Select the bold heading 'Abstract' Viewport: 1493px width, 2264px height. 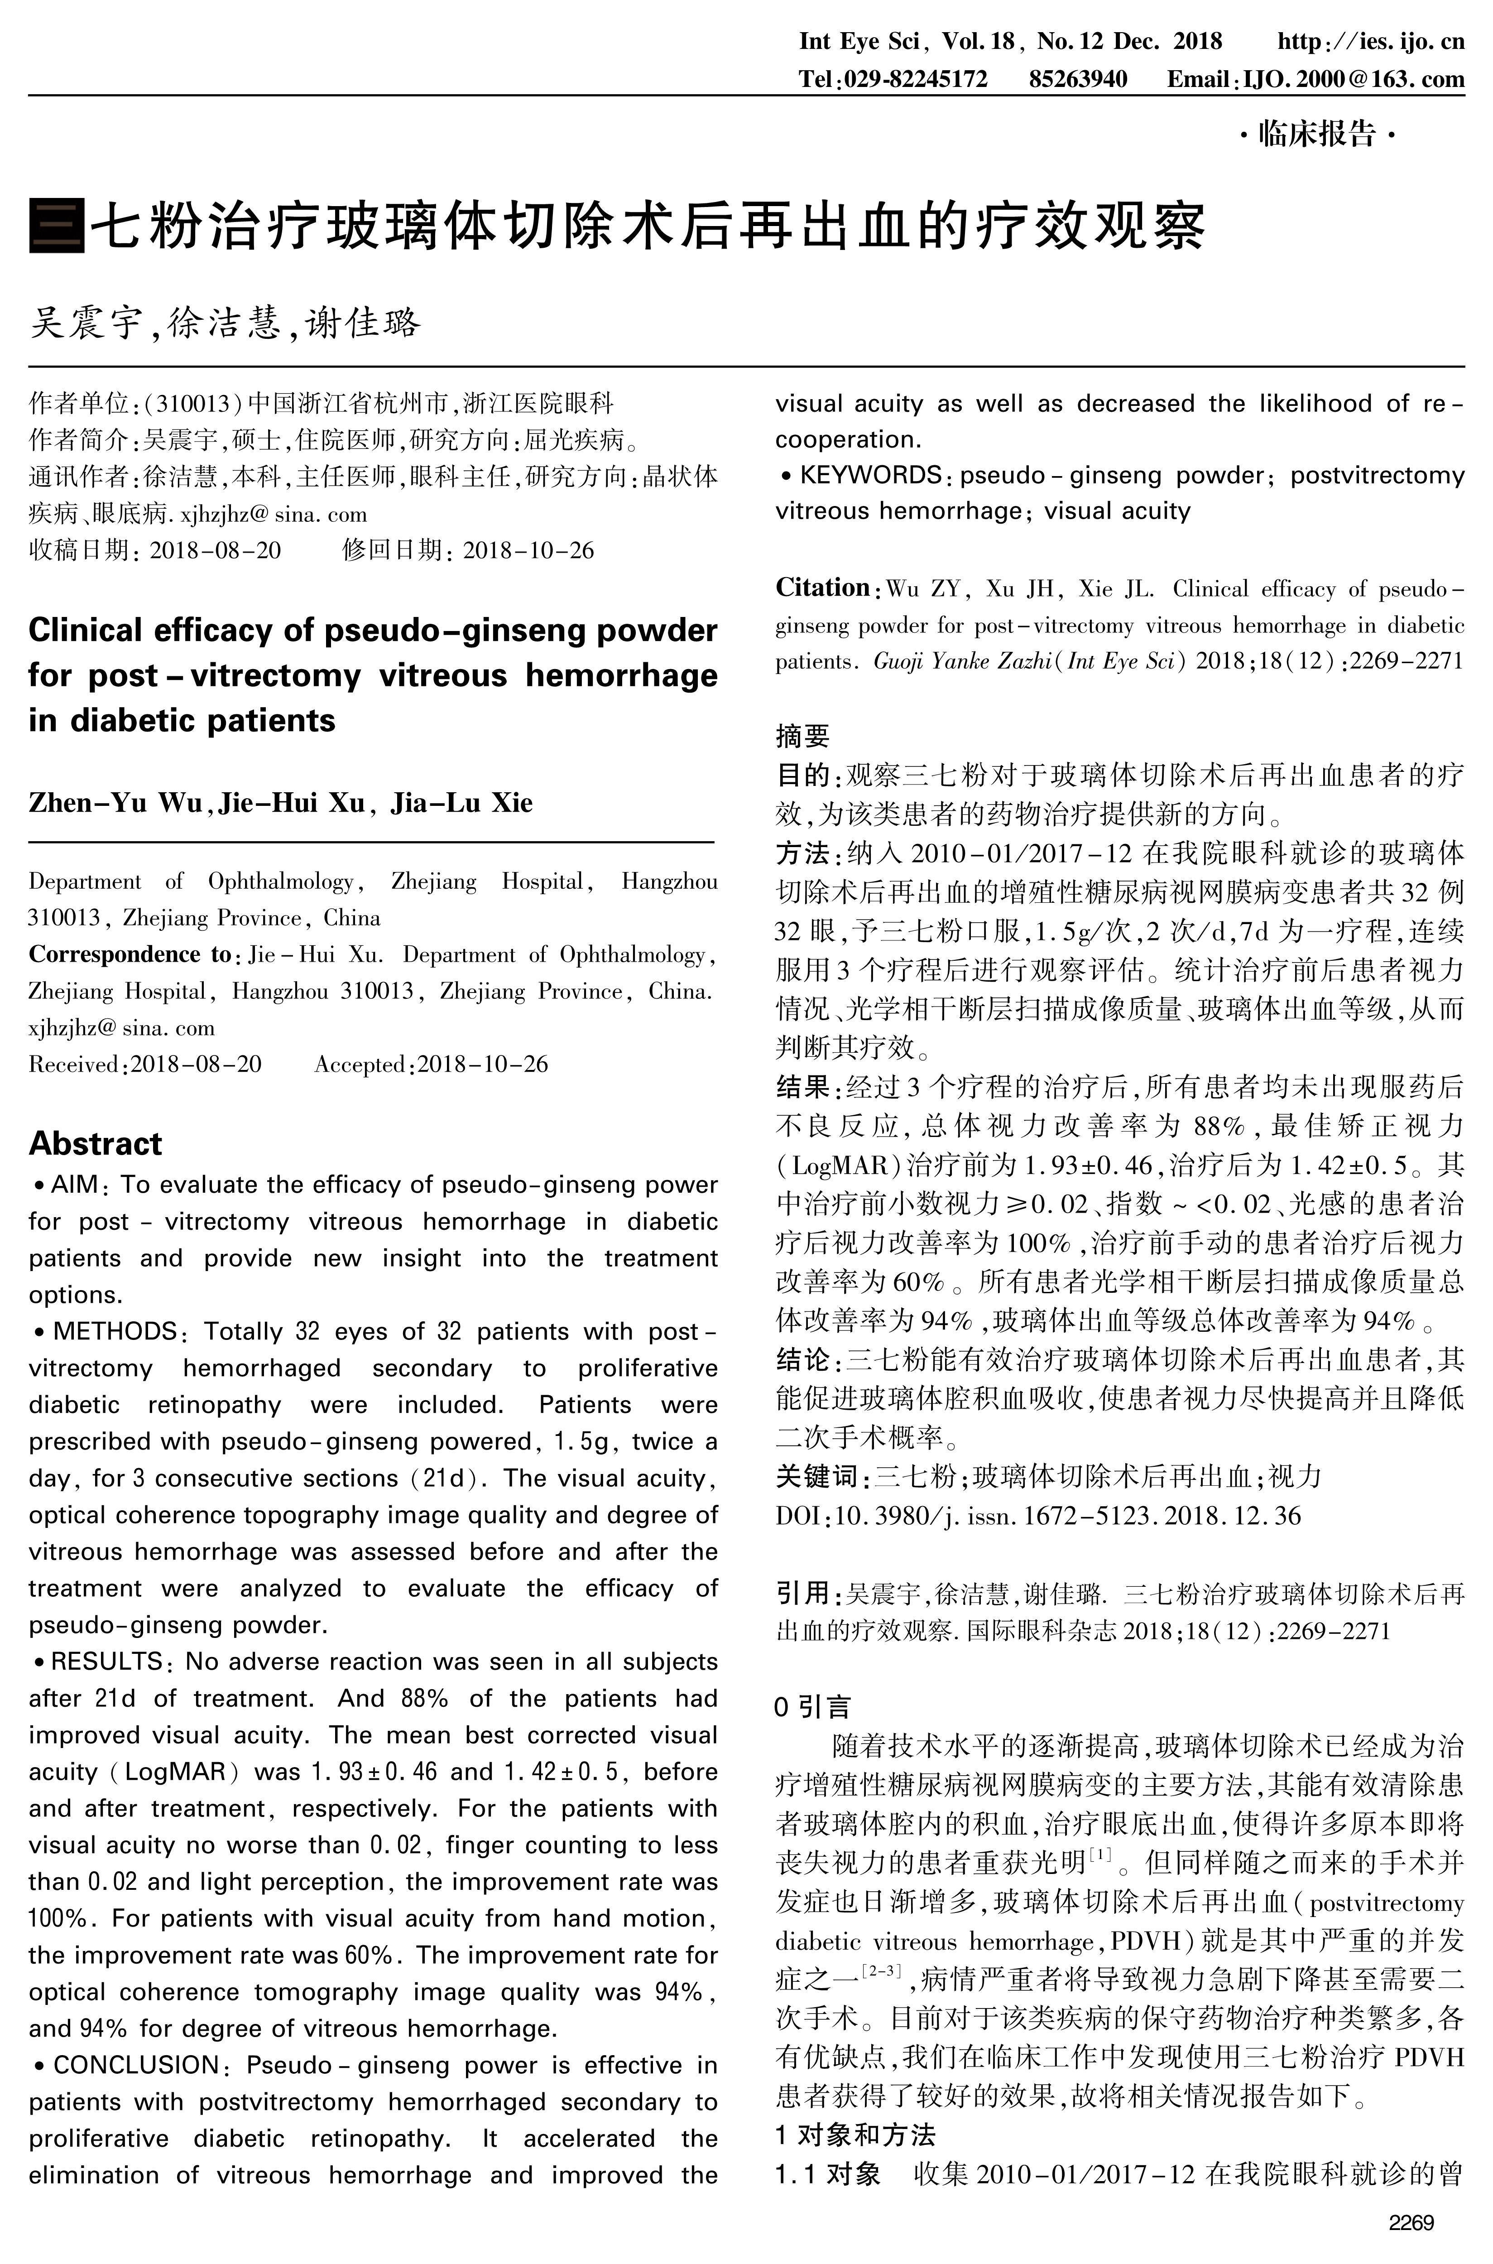[95, 1143]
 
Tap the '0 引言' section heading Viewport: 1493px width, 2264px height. [812, 1707]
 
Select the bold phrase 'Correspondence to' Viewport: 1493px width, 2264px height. [130, 954]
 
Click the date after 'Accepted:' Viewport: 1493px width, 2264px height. [483, 1064]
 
